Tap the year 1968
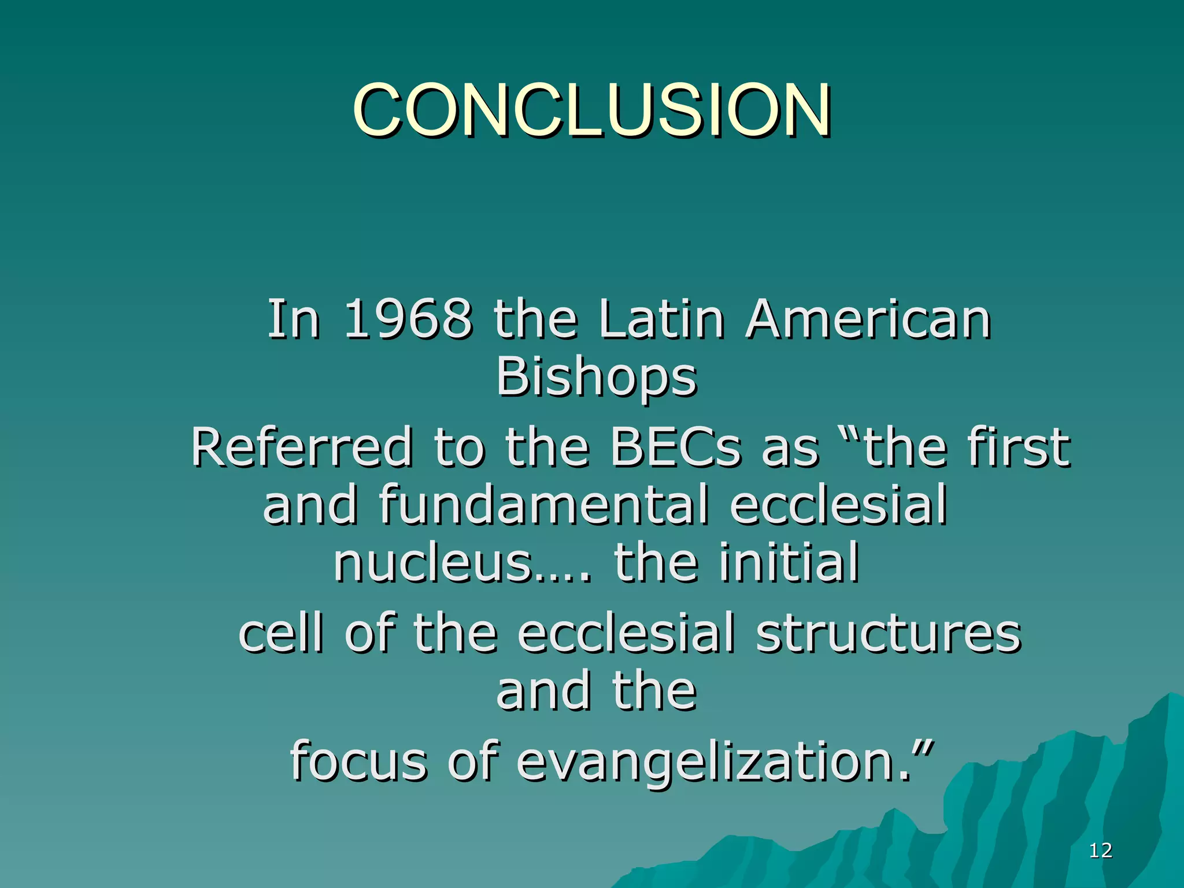pos(408,319)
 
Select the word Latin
pos(661,319)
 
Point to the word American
pos(868,319)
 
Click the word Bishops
pos(597,378)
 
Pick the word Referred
pos(302,447)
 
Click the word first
pos(1017,447)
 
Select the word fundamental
pos(544,505)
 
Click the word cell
pos(280,633)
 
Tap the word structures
pos(889,633)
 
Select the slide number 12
pos(1100,850)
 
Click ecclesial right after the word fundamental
pos(838,505)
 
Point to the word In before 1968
pos(293,319)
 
